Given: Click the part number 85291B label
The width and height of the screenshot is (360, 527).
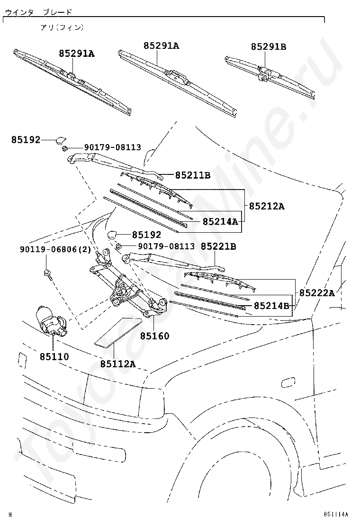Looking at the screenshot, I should (x=269, y=46).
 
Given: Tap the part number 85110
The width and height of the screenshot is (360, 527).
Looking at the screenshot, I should (x=54, y=356).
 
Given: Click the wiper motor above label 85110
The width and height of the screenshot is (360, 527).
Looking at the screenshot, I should (x=51, y=320).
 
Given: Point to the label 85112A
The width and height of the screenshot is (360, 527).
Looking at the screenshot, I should (x=118, y=364).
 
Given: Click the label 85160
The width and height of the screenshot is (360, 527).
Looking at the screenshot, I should (x=154, y=336).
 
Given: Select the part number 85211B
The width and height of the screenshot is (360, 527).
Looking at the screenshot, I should (x=193, y=175).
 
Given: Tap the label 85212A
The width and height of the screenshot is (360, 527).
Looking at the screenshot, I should (x=267, y=206).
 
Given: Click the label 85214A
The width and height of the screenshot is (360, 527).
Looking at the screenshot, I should (x=220, y=221).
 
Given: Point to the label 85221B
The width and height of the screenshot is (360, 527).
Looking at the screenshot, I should (x=218, y=246).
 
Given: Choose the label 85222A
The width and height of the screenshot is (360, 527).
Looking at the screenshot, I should (x=317, y=293).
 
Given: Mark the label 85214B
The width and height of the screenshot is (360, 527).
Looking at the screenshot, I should (x=271, y=306).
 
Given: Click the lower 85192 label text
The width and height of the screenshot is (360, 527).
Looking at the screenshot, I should (x=146, y=235).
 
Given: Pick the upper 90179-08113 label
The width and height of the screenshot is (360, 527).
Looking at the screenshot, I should (x=113, y=147).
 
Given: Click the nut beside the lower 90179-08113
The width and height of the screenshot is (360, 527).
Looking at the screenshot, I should (x=118, y=246).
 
